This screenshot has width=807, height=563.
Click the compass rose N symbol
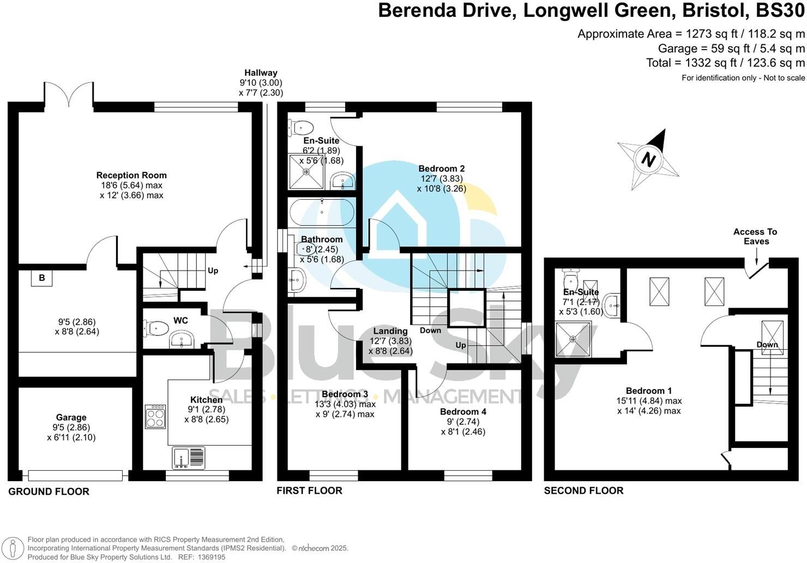coord(648,159)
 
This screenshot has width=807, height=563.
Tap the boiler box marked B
coord(41,278)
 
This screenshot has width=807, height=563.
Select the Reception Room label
coord(131,175)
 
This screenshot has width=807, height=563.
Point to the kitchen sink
coord(188,458)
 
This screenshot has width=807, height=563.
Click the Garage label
coord(71,418)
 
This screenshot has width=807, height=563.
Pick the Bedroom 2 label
coord(441,169)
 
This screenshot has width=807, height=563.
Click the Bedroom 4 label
coord(463,412)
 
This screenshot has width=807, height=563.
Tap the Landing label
coord(390,331)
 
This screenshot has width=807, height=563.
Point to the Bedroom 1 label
coord(648,391)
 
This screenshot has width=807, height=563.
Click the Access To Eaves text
coord(755,236)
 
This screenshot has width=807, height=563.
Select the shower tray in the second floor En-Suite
coord(573,339)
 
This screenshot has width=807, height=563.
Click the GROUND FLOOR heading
coord(49,492)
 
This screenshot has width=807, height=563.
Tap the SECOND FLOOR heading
coord(583,490)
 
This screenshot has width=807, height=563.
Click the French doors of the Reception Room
coord(68,94)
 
